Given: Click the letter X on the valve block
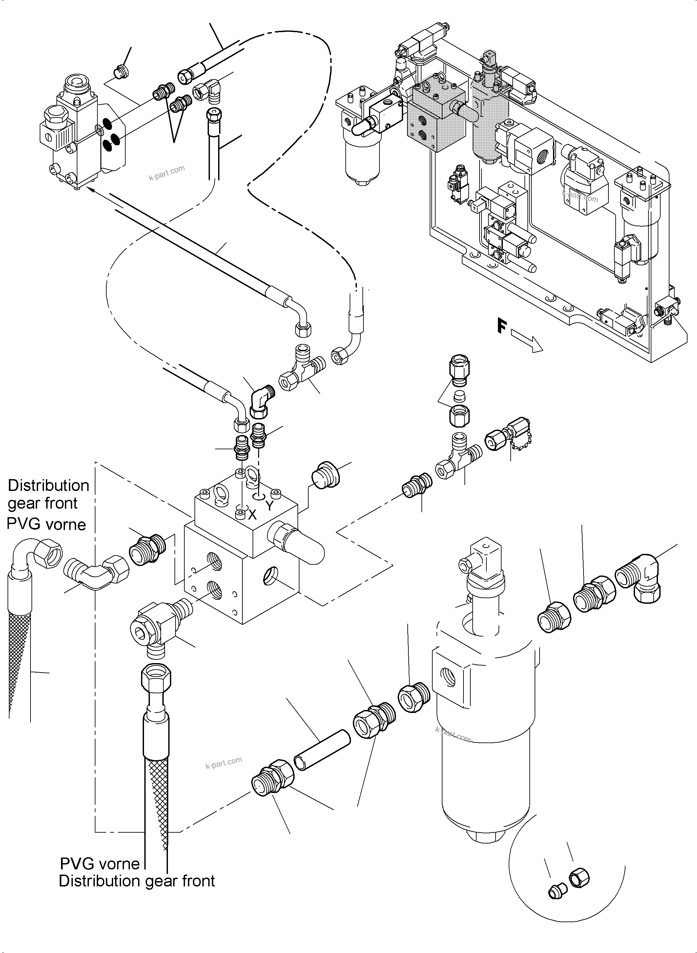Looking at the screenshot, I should [252, 514].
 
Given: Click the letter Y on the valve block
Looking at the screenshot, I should [270, 506].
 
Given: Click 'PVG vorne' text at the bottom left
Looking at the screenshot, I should [100, 863].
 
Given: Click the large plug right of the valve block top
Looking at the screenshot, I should [325, 477].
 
